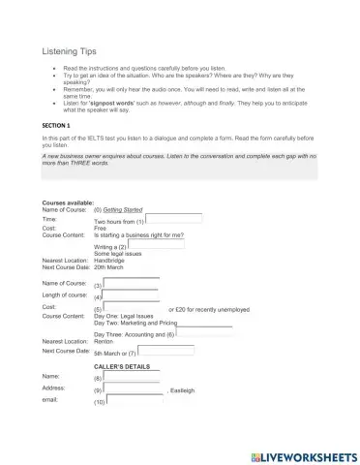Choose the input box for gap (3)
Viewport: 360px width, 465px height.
[131, 283]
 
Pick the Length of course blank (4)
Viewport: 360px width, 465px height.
[131, 295]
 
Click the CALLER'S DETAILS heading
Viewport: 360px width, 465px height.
[121, 367]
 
